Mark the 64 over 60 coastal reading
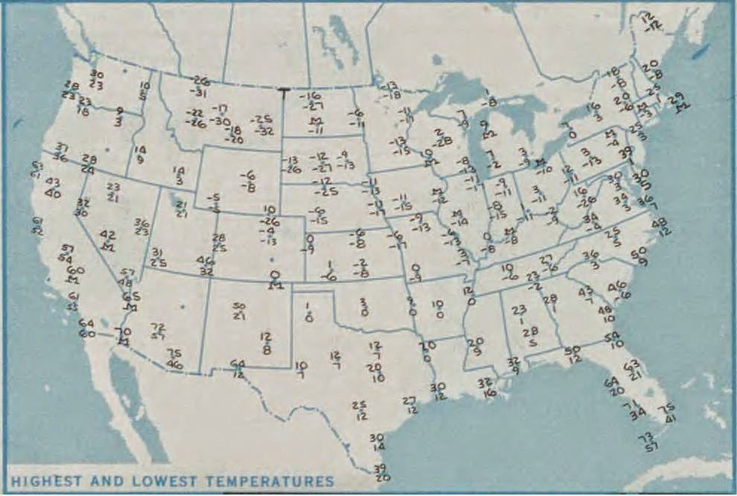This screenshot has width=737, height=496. pos(86,328)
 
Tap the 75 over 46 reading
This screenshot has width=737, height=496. pos(175,359)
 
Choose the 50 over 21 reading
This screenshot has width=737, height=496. pos(239,311)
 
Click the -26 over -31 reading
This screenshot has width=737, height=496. pos(199,86)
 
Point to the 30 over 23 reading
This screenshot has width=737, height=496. pos(96,80)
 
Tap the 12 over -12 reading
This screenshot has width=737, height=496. pos(652,22)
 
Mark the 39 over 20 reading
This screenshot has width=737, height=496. pos(381,471)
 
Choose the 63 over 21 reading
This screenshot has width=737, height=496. pos(632,369)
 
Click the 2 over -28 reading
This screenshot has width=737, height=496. pos(443,137)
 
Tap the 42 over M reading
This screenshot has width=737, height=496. pos(108,240)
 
